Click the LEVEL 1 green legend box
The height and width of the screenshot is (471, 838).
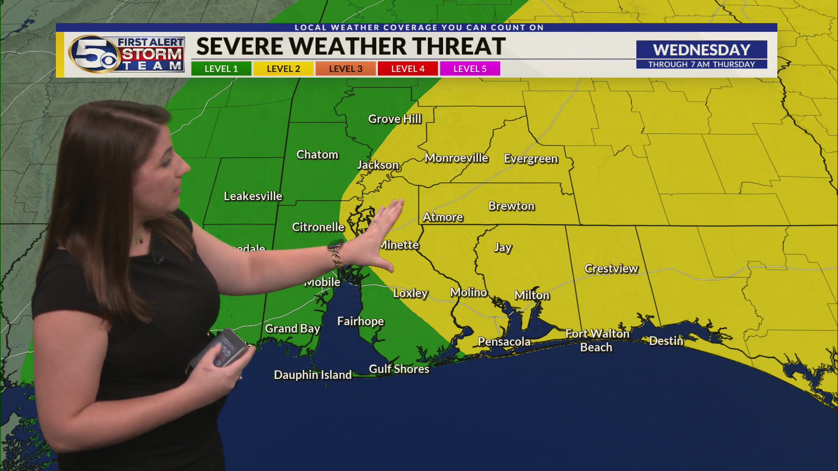(x=221, y=69)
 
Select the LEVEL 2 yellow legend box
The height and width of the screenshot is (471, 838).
(x=283, y=69)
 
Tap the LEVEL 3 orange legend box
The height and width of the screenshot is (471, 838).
(x=345, y=69)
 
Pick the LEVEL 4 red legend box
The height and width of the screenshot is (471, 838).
(x=408, y=69)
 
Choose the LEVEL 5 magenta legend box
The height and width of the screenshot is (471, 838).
(x=470, y=69)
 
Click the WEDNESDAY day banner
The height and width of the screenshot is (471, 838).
(x=701, y=50)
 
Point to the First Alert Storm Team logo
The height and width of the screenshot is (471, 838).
(x=127, y=55)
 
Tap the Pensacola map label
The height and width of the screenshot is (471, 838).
(x=504, y=342)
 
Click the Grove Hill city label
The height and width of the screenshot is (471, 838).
(x=395, y=119)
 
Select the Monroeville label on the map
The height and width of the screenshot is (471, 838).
(x=456, y=158)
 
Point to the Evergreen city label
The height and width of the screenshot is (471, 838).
(x=531, y=159)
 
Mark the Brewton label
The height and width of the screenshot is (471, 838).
(x=511, y=206)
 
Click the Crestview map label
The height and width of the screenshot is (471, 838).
(x=611, y=269)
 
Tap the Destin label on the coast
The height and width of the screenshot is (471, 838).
(x=666, y=341)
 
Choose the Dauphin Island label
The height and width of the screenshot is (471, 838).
(x=313, y=375)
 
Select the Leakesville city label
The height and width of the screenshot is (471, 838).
(x=253, y=196)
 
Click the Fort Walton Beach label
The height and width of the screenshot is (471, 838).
(x=597, y=341)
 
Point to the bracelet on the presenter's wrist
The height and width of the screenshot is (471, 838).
(x=336, y=255)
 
